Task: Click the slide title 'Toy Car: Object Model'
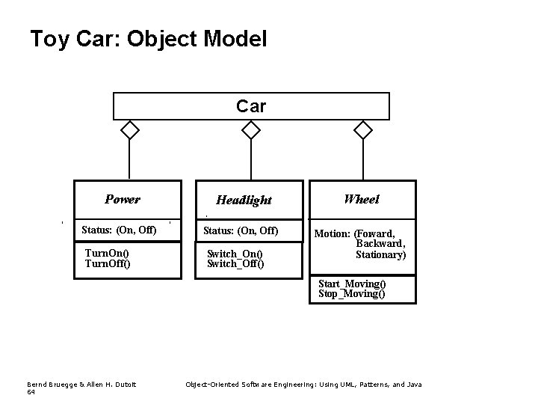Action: tap(148, 39)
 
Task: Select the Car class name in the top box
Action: tap(251, 106)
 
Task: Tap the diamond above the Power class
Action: tap(130, 130)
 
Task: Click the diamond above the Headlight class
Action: tap(251, 130)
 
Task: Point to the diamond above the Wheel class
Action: tap(362, 130)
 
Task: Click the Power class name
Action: tap(123, 199)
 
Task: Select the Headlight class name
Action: tap(244, 200)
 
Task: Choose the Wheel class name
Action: tap(362, 199)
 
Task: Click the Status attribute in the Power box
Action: tap(119, 229)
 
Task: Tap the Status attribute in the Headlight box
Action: tap(241, 229)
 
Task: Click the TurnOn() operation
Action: tap(107, 254)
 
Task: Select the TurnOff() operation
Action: tap(108, 263)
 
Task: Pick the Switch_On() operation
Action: tap(234, 254)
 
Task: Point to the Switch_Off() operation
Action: tap(235, 264)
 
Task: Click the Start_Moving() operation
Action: tap(352, 284)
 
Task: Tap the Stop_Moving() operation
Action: tap(351, 294)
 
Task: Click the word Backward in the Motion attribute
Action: tap(380, 244)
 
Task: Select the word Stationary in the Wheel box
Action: tap(380, 254)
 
